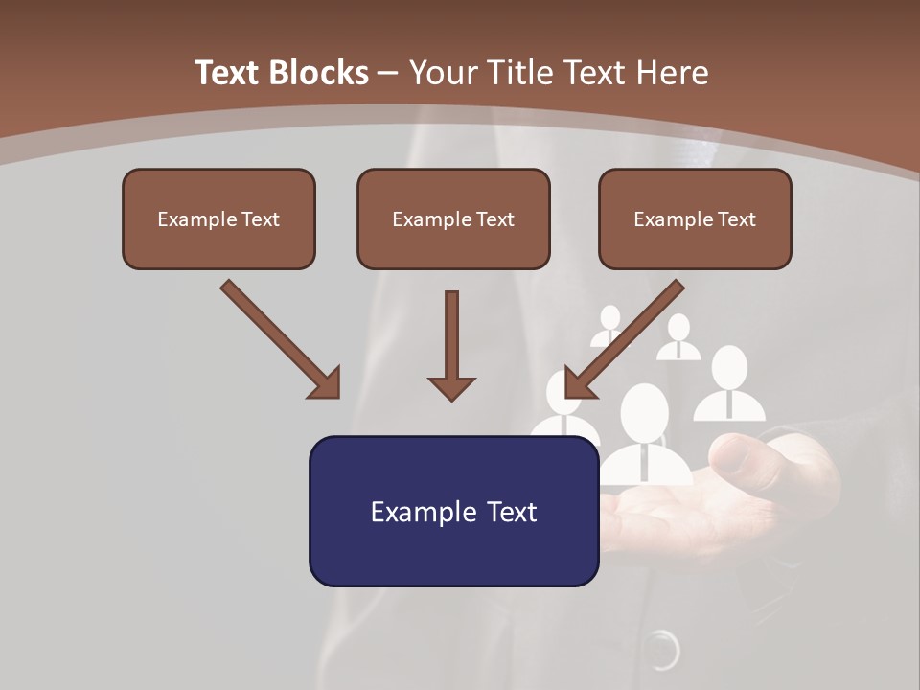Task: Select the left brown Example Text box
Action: tap(218, 218)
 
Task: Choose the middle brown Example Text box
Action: tap(453, 218)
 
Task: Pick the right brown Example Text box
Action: tap(695, 218)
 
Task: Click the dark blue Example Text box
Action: tap(453, 511)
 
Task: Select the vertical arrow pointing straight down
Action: tap(451, 345)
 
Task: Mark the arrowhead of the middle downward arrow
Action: tap(451, 387)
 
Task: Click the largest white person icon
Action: tap(644, 436)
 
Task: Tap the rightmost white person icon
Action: tap(729, 384)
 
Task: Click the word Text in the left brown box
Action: tap(261, 218)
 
